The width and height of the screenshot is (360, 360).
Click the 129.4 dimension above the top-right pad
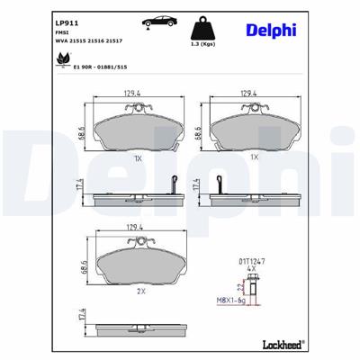pyautogui.click(x=251, y=92)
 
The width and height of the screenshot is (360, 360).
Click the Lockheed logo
pyautogui.click(x=283, y=343)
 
